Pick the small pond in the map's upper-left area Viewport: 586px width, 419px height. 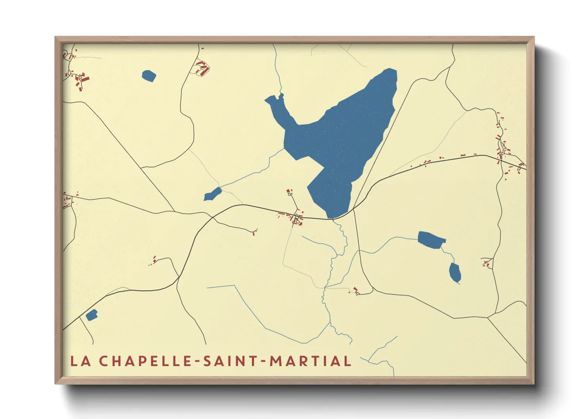click(149, 76)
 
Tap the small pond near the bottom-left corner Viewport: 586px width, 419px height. click(91, 315)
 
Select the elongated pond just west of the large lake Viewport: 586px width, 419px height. click(213, 194)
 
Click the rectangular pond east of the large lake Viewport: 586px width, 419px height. click(431, 240)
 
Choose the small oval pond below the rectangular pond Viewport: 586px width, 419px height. click(455, 272)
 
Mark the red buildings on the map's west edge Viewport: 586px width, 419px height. click(68, 201)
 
